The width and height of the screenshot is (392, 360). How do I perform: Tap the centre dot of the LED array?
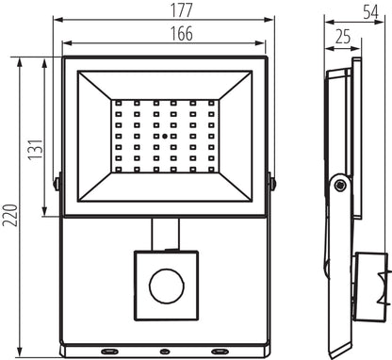point(163,137)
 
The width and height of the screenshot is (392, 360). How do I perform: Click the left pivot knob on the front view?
point(58,181)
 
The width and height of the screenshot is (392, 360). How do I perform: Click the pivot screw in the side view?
point(339,186)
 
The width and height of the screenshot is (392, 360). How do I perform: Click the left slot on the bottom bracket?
point(111,350)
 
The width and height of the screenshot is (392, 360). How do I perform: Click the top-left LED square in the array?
point(120,103)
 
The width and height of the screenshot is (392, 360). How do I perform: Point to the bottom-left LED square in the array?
point(120,170)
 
